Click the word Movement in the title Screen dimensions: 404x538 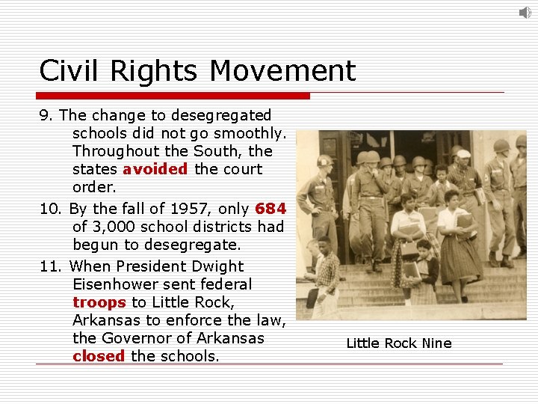(282, 71)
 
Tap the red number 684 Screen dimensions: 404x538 (270, 209)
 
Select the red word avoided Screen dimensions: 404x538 (155, 169)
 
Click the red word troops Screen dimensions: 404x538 (99, 302)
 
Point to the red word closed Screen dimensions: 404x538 (99, 356)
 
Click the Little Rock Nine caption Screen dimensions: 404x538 (399, 343)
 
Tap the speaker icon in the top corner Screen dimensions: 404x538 (525, 12)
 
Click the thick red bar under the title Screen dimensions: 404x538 (174, 96)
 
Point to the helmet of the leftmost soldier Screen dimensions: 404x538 (324, 161)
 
